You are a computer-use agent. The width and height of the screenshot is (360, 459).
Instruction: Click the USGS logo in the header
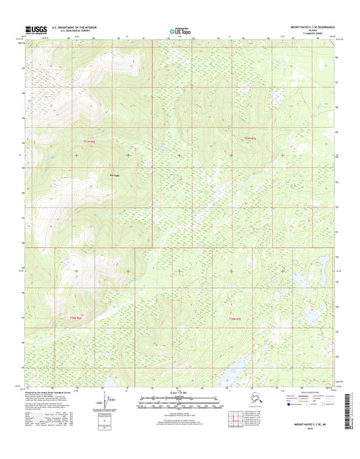(37, 29)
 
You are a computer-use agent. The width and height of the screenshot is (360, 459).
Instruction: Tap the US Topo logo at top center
(177, 30)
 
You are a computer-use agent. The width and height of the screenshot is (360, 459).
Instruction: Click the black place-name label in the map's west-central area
(114, 175)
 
